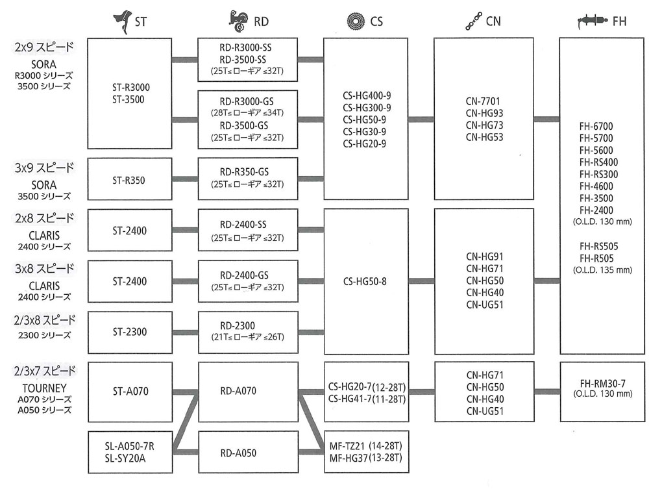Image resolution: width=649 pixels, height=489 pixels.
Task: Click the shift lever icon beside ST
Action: pyautogui.click(x=121, y=20)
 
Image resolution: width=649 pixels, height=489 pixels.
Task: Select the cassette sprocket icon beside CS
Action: pyautogui.click(x=358, y=20)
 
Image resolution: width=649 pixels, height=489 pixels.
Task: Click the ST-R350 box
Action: pyautogui.click(x=129, y=179)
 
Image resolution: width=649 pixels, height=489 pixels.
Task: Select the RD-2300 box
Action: pyautogui.click(x=247, y=332)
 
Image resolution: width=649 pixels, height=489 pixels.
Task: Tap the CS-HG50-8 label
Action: pyautogui.click(x=365, y=281)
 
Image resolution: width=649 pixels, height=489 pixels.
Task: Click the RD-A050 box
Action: pyautogui.click(x=247, y=452)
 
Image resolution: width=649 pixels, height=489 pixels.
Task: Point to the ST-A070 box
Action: pyautogui.click(x=129, y=392)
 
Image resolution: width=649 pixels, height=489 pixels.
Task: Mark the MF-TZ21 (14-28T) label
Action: pyautogui.click(x=365, y=447)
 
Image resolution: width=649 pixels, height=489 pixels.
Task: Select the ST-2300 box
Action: pyautogui.click(x=129, y=332)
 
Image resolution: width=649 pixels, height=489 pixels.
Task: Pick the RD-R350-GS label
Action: pyautogui.click(x=247, y=172)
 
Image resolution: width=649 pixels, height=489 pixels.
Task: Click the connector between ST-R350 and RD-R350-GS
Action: pyautogui.click(x=185, y=179)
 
